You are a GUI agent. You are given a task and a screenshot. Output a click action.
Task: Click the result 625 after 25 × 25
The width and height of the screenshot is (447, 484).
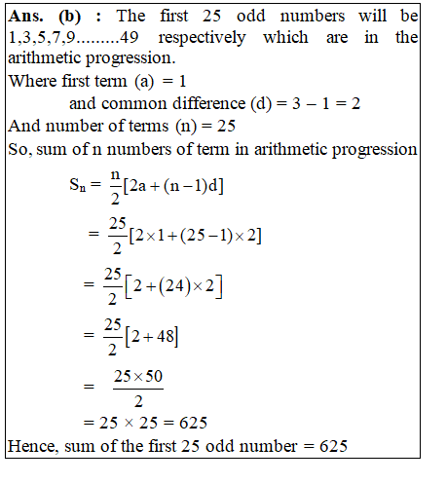coord(194,424)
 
